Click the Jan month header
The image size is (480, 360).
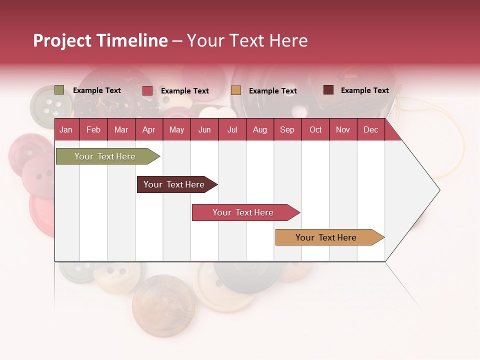tap(66, 130)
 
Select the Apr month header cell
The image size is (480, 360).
tap(149, 130)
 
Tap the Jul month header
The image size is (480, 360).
tap(232, 130)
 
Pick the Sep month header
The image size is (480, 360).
tap(287, 130)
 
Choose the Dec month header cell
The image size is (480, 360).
tap(370, 130)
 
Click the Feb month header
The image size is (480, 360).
tap(93, 130)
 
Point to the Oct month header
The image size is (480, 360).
tap(315, 130)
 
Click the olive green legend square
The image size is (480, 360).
tap(59, 90)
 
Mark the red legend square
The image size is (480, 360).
tap(147, 90)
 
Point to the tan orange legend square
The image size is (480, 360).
tap(236, 90)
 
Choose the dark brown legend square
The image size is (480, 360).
tap(328, 90)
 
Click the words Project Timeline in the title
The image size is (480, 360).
tap(100, 41)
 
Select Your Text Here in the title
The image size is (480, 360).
tap(247, 41)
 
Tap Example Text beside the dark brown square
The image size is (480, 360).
tap(364, 90)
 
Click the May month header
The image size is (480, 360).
tap(176, 130)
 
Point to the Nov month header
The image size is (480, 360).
tap(343, 130)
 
